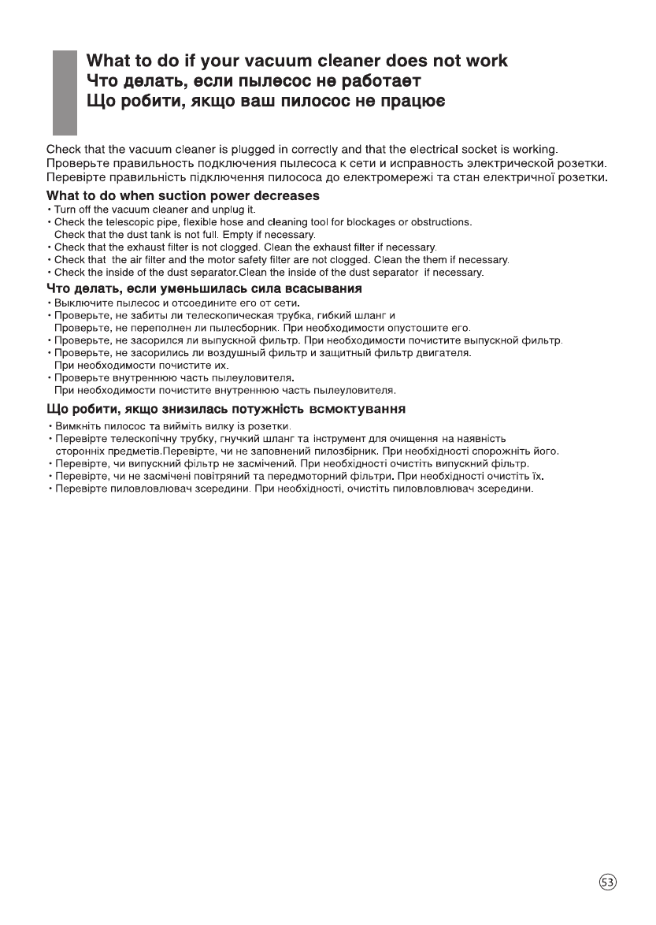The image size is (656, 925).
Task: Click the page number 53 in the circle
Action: [607, 882]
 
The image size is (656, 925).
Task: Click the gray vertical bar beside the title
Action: [65, 93]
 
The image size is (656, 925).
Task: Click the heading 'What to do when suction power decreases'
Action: [183, 195]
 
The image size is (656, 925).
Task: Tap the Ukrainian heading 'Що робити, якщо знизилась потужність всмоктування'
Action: [226, 409]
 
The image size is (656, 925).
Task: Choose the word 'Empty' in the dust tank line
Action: [243, 235]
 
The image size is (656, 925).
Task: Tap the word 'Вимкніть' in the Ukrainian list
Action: [76, 426]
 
